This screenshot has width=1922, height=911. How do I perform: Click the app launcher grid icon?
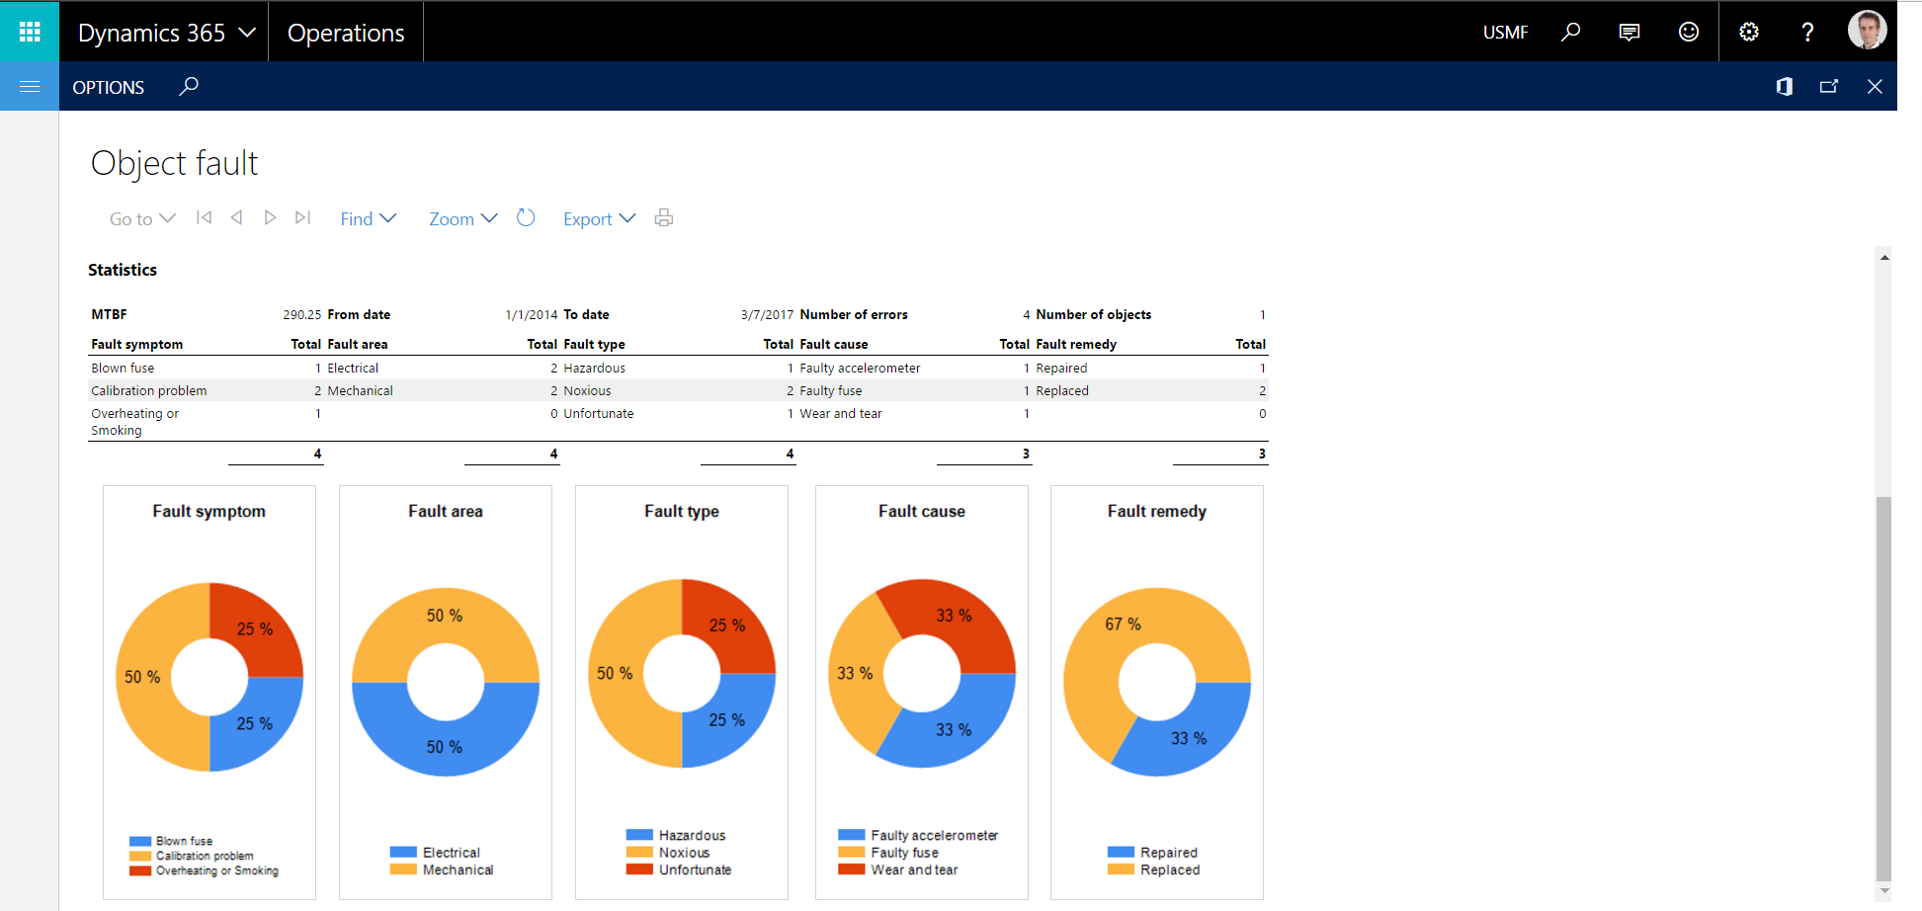tap(30, 32)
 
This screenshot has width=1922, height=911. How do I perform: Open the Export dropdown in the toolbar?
tap(599, 218)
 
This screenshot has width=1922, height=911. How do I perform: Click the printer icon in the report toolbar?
tap(664, 218)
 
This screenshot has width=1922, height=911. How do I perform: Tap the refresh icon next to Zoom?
tap(526, 218)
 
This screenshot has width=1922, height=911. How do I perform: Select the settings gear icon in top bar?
tap(1749, 32)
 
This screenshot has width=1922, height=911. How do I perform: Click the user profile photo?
tap(1867, 31)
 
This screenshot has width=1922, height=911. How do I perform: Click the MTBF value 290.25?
tap(301, 315)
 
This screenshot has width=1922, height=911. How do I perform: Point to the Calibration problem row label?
tap(149, 391)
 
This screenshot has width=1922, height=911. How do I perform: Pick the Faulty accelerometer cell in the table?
tap(860, 369)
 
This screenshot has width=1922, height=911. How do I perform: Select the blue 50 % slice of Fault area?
tap(445, 739)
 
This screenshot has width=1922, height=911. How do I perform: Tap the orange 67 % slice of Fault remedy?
tap(1117, 632)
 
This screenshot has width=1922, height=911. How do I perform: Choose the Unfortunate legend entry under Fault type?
tap(695, 870)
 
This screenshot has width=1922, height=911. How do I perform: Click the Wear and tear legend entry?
tap(914, 870)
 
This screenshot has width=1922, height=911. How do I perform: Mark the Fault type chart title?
tap(682, 511)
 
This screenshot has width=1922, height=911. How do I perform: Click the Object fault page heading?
tap(174, 163)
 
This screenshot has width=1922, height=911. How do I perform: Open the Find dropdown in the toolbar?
tap(368, 218)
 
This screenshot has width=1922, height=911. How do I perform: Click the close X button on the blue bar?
tap(1875, 87)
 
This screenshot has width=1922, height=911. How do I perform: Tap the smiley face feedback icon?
tap(1689, 32)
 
